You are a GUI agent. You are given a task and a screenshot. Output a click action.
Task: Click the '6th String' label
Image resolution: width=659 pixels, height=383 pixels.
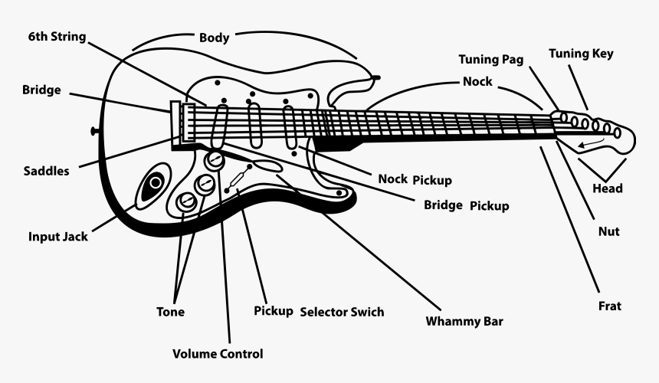(x=57, y=37)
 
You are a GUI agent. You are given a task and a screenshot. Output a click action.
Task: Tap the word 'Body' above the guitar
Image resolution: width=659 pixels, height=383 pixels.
(x=214, y=38)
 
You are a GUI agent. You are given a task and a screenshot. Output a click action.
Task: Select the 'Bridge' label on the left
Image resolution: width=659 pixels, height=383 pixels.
(x=41, y=90)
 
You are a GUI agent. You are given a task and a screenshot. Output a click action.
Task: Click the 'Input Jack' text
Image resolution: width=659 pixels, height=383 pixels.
(x=57, y=237)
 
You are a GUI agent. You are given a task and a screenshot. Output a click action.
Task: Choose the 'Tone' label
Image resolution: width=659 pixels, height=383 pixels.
(x=170, y=312)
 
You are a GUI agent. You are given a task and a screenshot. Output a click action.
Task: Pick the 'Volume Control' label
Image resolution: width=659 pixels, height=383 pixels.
(x=218, y=354)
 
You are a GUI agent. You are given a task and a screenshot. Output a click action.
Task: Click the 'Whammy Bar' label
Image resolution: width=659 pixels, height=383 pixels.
(x=464, y=321)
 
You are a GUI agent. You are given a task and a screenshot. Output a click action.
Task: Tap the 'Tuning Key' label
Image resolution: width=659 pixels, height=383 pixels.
(x=581, y=54)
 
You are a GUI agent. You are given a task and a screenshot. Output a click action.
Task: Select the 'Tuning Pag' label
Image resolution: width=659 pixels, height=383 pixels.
(x=491, y=59)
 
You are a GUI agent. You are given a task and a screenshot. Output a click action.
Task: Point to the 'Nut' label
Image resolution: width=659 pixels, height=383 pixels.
(x=608, y=231)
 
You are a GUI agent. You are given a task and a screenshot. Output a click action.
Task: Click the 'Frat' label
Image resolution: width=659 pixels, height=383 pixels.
(x=609, y=306)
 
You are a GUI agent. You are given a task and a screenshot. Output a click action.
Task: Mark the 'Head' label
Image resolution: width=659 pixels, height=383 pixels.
(x=608, y=188)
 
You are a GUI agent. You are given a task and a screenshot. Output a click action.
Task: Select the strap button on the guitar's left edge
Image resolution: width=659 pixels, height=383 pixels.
(x=95, y=131)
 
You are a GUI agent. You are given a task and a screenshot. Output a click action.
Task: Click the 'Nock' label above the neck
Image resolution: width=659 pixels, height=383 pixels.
(x=477, y=81)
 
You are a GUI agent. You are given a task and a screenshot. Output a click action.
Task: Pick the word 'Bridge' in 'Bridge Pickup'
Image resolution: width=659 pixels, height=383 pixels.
(x=443, y=205)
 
